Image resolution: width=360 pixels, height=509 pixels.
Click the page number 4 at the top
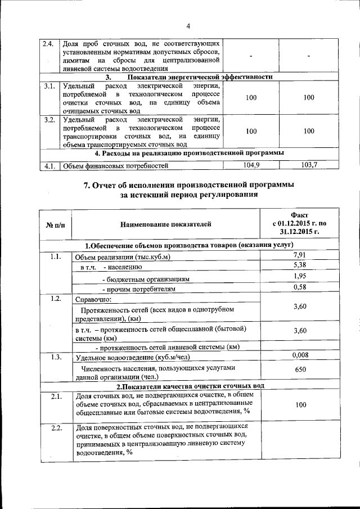[x=188, y=26]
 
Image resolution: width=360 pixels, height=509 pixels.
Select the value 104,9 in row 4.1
[x=251, y=165]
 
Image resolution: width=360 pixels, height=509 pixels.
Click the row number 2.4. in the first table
[x=48, y=43]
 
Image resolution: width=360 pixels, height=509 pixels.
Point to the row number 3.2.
[x=49, y=119]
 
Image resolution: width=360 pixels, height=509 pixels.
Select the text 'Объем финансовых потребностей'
[x=115, y=166]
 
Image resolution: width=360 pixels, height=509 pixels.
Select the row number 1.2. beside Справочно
[x=55, y=298]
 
